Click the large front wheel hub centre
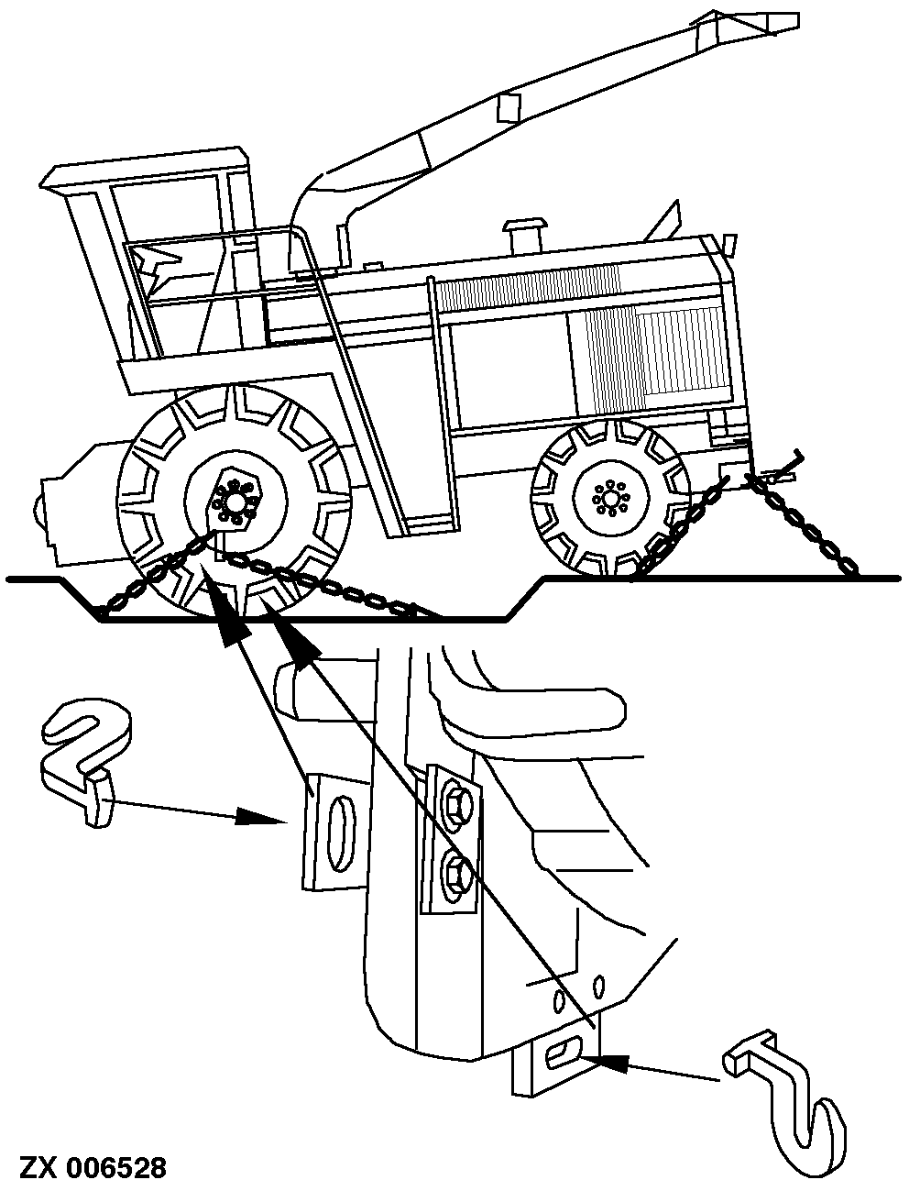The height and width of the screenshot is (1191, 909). (x=235, y=502)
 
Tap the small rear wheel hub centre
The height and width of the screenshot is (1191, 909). (x=611, y=498)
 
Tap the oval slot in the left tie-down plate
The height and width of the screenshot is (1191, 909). (x=339, y=833)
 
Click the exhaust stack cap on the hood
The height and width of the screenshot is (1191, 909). (x=523, y=226)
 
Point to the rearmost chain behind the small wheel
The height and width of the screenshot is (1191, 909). (x=801, y=524)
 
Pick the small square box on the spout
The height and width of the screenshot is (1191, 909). (x=509, y=107)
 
